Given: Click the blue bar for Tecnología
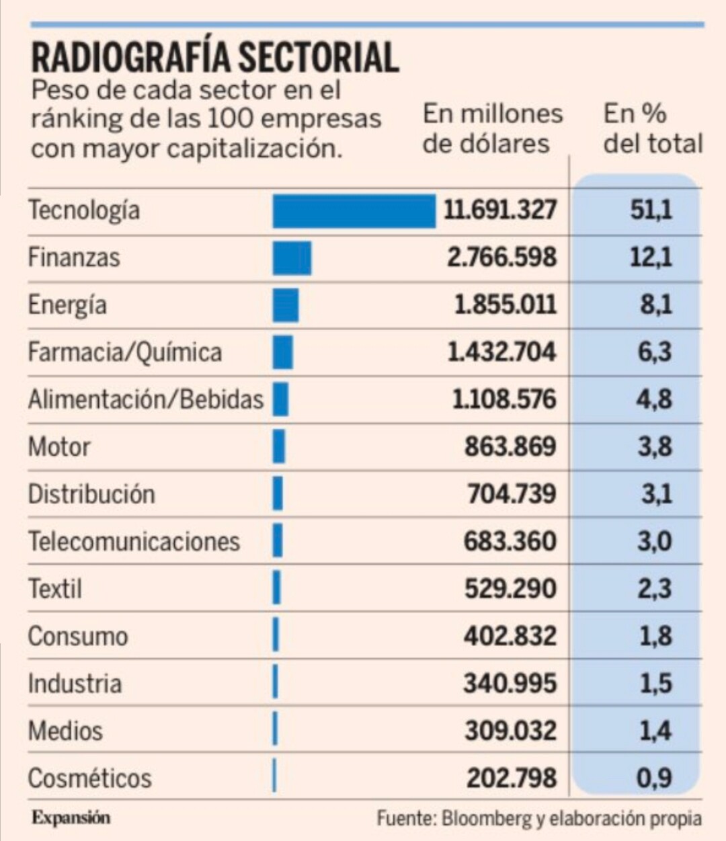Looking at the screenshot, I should pos(354,211).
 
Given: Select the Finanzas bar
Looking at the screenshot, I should pos(292,258).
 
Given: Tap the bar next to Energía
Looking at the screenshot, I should pos(286,305).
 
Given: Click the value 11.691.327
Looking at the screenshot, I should pos(499,210).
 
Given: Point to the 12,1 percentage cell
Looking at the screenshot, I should pos(651,257).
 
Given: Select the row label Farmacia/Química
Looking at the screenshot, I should pos(124,352).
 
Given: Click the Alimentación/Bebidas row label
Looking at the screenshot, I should pos(145,399).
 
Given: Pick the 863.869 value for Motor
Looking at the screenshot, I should pos(510,446).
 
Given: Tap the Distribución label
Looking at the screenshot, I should pos(91,494).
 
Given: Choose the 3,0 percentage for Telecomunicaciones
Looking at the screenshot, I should pos(654,541).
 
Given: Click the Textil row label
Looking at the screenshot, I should pos(55,589).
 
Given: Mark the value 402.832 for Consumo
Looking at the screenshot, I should pos(510,636).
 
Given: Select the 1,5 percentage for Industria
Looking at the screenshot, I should pos(655,684).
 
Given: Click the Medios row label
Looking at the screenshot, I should pos(65,731).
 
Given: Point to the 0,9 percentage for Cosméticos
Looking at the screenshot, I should pos(654,778).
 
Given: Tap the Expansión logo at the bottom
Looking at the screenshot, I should pos(71,817).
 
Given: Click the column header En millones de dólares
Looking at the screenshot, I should pos(493,128).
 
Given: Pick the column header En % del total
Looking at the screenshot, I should pos(653,128).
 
